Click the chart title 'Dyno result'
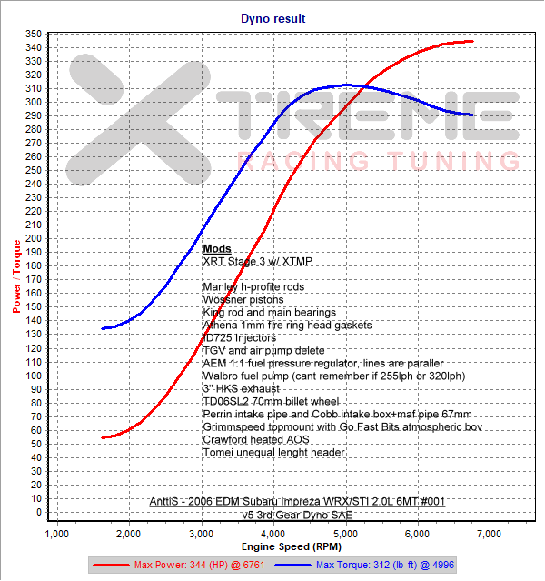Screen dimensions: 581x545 pyautogui.click(x=272, y=17)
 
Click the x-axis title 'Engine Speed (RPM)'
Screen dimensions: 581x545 pyautogui.click(x=272, y=548)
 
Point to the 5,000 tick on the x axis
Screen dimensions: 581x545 pyautogui.click(x=345, y=531)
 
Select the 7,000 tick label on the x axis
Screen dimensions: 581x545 pyautogui.click(x=489, y=531)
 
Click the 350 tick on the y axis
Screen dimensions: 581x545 pyautogui.click(x=33, y=34)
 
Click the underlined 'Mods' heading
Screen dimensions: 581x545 pyautogui.click(x=217, y=248)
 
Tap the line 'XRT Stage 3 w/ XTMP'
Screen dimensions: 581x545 pyautogui.click(x=257, y=261)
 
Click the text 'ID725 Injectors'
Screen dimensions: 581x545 pyautogui.click(x=240, y=337)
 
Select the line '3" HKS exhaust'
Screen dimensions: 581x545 pyautogui.click(x=241, y=388)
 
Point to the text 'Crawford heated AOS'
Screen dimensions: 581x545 pyautogui.click(x=256, y=439)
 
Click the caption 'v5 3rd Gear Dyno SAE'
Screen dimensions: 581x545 pyautogui.click(x=297, y=514)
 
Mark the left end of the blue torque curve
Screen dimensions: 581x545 pyautogui.click(x=102, y=328)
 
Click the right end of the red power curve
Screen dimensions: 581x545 pyautogui.click(x=473, y=41)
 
